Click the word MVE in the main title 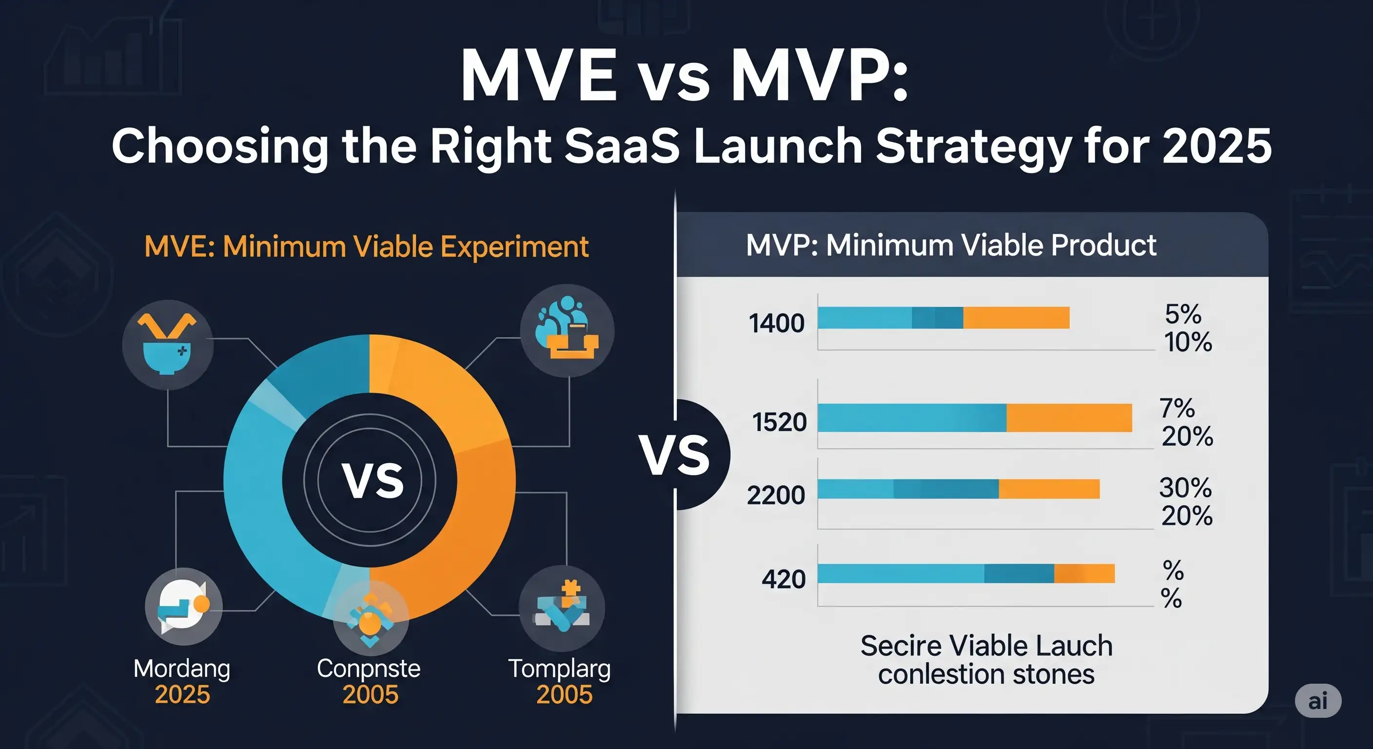click(x=538, y=76)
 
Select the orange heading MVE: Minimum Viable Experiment click(x=366, y=246)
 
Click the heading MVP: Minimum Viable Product click(x=951, y=245)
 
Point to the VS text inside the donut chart click(x=373, y=481)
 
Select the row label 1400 click(x=776, y=323)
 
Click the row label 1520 click(x=779, y=422)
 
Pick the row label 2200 click(x=776, y=495)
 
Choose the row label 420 click(x=783, y=579)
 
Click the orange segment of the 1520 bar click(x=1069, y=417)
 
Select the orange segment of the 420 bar click(x=1084, y=573)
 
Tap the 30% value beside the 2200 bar click(x=1185, y=488)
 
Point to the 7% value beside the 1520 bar click(x=1177, y=408)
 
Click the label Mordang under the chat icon click(x=182, y=669)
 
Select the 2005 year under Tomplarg click(x=564, y=694)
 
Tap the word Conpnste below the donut click(x=368, y=669)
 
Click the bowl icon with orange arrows click(x=167, y=344)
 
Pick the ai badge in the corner click(x=1317, y=701)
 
